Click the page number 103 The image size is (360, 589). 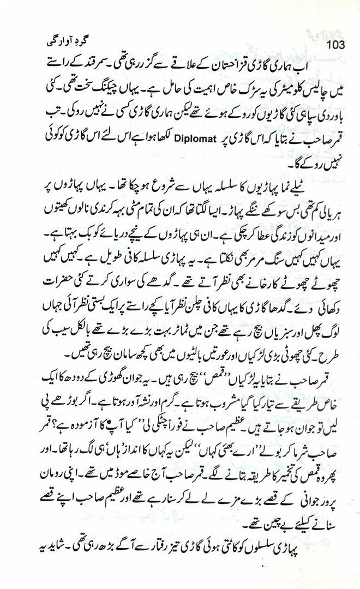333,44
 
